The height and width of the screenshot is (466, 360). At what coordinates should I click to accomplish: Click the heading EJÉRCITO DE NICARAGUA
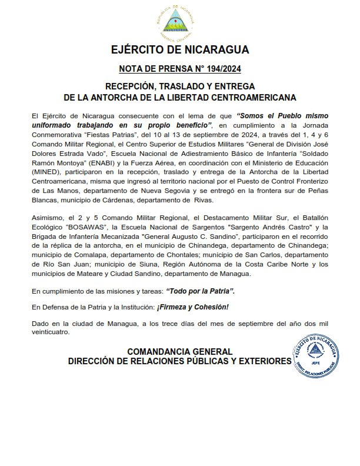[180, 49]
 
